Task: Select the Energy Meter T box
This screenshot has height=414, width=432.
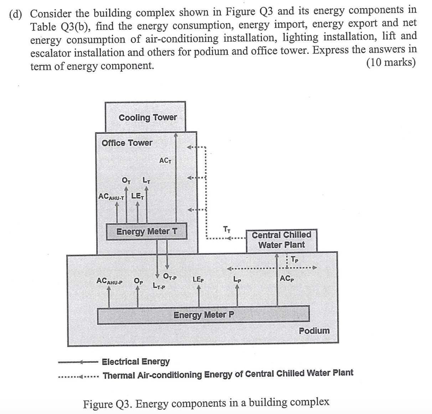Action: pyautogui.click(x=146, y=232)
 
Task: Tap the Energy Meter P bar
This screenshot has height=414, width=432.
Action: pyautogui.click(x=204, y=315)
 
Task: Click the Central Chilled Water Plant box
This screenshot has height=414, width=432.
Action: pyautogui.click(x=281, y=240)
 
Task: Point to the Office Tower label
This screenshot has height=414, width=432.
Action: pyautogui.click(x=127, y=143)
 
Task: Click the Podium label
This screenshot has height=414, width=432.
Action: pyautogui.click(x=314, y=331)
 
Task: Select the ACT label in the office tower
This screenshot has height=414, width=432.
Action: pyautogui.click(x=165, y=161)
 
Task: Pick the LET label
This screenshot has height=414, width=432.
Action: pyautogui.click(x=138, y=196)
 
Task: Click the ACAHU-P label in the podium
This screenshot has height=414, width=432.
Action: pyautogui.click(x=109, y=281)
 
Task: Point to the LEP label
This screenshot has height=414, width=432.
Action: pyautogui.click(x=198, y=280)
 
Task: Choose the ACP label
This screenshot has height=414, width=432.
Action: pyautogui.click(x=287, y=278)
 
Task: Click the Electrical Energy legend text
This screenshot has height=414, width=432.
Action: pyautogui.click(x=136, y=362)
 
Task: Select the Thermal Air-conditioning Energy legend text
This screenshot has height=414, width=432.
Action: pyautogui.click(x=228, y=374)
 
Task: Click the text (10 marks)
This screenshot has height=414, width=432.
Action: pyautogui.click(x=391, y=63)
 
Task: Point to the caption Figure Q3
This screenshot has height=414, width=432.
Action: pyautogui.click(x=206, y=403)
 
